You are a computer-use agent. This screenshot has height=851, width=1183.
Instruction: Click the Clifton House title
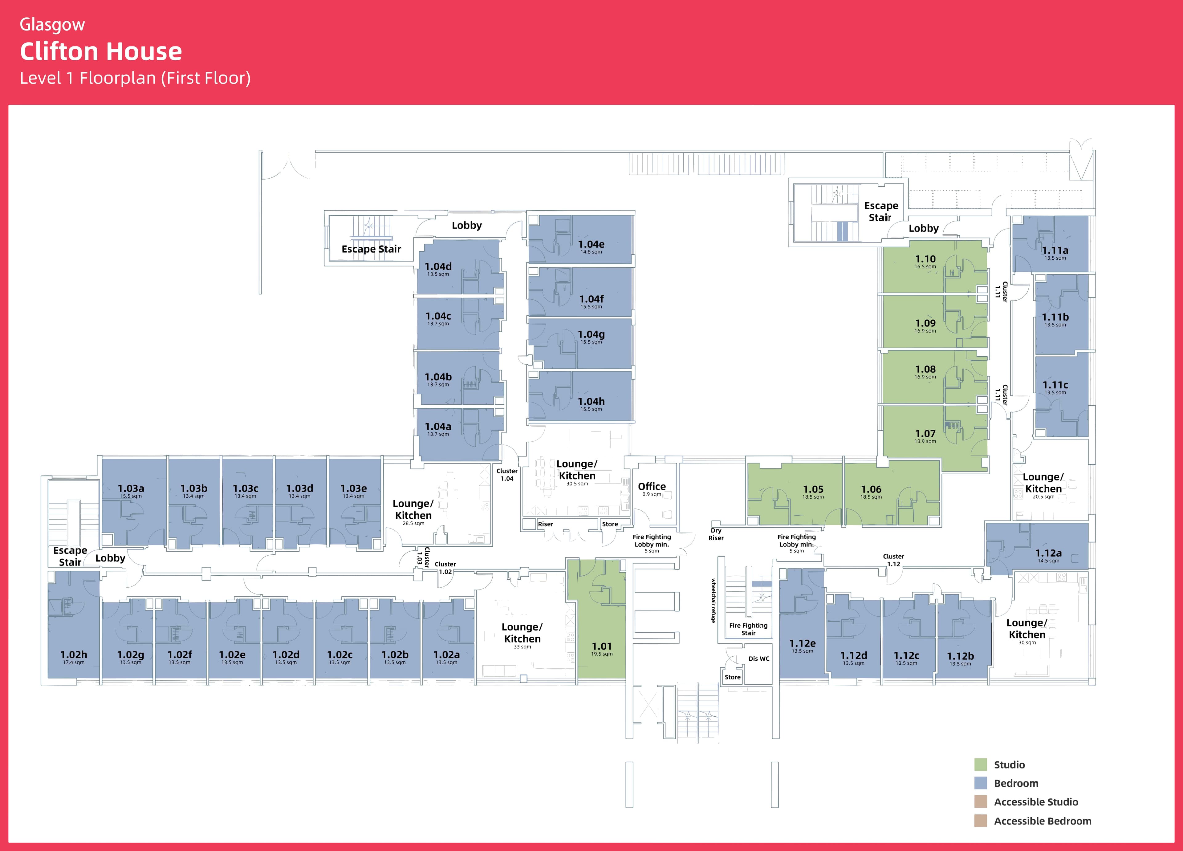[x=101, y=52]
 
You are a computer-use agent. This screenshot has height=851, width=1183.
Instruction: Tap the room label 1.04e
[x=591, y=244]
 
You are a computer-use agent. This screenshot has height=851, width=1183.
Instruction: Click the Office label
[x=652, y=486]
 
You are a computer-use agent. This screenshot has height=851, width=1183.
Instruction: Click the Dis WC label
[x=758, y=659]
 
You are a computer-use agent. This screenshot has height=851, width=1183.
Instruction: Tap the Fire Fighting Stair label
[x=748, y=629]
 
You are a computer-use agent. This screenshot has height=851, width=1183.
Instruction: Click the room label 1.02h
[x=74, y=654]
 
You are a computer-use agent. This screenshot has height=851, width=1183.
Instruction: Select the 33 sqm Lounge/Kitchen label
[x=522, y=633]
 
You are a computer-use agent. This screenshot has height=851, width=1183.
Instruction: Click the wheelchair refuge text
[x=713, y=600]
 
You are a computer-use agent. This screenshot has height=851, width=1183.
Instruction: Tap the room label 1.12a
[x=1048, y=553]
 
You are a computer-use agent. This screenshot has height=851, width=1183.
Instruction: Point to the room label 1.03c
[x=245, y=488]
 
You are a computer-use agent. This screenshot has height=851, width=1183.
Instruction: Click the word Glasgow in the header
[x=52, y=25]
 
